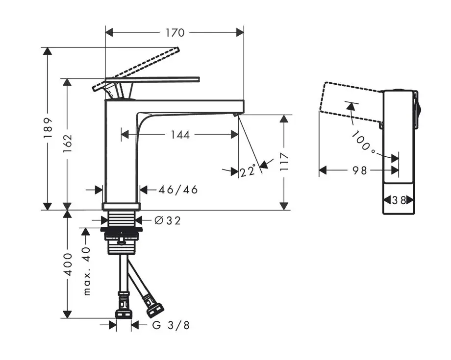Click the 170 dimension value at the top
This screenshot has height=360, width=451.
(175, 33)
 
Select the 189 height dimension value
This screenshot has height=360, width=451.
(48, 128)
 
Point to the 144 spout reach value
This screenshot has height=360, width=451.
(180, 135)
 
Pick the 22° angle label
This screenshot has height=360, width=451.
(249, 171)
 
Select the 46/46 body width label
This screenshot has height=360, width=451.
(178, 190)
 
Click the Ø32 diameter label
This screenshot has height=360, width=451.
(168, 221)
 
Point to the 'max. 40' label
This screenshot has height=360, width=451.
(87, 271)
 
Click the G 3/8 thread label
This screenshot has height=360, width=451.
(171, 325)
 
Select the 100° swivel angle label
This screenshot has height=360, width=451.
(364, 142)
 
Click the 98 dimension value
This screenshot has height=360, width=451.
(359, 170)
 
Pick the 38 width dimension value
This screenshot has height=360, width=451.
(399, 200)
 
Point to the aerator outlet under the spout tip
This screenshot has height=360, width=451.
(236, 115)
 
